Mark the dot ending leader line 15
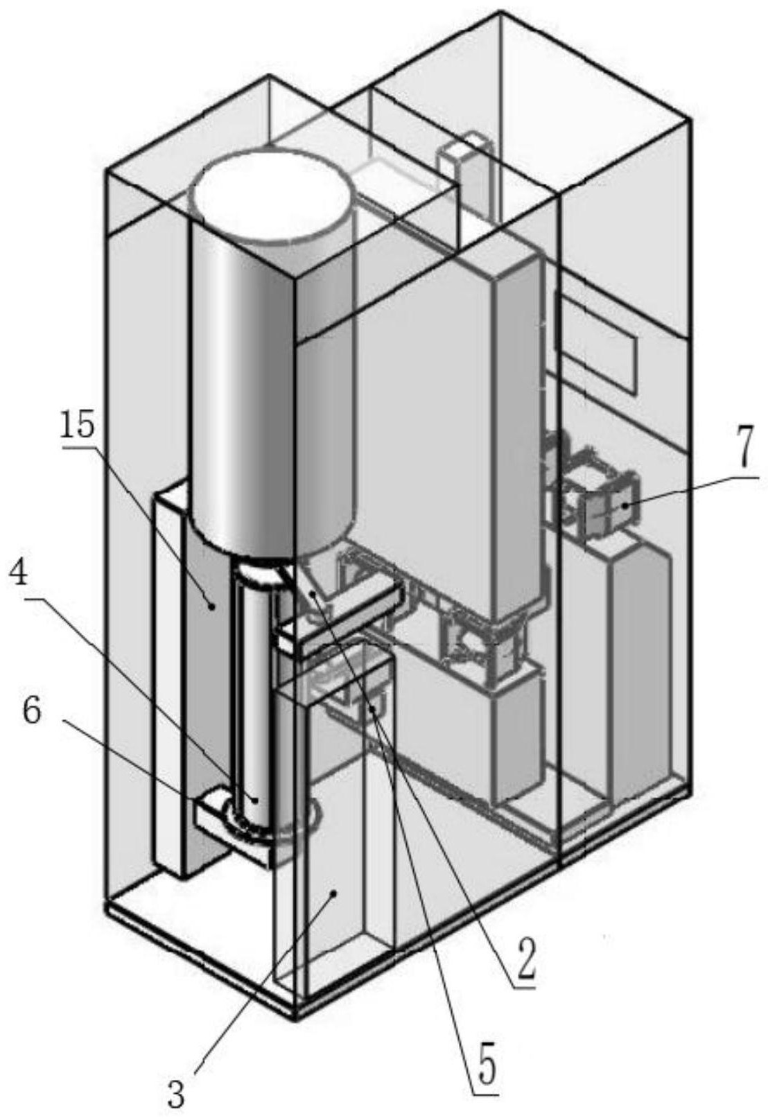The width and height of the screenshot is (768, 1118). click(x=211, y=606)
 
